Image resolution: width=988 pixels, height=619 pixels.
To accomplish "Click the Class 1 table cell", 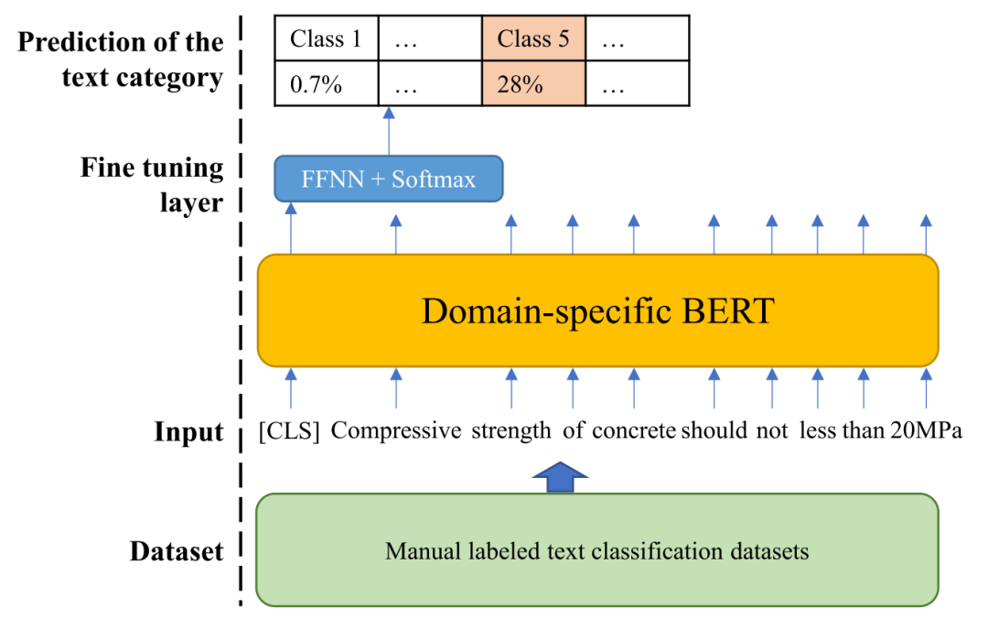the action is (x=327, y=38).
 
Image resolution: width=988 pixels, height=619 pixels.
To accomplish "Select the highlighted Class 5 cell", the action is (x=533, y=38).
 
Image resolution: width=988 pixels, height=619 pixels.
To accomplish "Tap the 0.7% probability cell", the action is (x=327, y=83).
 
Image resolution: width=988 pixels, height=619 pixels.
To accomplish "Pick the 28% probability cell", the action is (x=533, y=83).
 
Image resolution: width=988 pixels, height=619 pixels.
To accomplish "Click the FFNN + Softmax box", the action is (x=389, y=179).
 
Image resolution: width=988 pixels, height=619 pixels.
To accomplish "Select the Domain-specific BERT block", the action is (x=598, y=310).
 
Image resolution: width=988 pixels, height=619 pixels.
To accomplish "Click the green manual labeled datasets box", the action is (x=597, y=550).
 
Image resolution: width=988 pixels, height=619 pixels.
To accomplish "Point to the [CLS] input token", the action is (x=289, y=431).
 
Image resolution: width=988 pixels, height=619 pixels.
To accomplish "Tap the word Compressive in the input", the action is (x=396, y=431).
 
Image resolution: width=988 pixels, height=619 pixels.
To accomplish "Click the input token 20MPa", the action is (x=926, y=431).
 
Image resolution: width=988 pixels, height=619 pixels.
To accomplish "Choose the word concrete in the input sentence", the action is (x=634, y=431).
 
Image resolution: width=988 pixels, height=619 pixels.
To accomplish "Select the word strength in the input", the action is (x=511, y=431).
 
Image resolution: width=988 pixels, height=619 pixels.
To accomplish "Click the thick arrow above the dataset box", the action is (x=560, y=477).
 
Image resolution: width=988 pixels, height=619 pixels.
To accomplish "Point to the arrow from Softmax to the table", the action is (x=389, y=131).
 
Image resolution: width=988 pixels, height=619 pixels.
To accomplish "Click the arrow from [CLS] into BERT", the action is (x=291, y=388).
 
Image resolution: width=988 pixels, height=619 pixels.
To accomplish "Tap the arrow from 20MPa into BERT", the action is (x=926, y=388).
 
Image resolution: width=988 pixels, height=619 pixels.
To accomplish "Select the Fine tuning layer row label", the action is (x=152, y=185).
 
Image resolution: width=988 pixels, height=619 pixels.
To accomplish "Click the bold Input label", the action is (x=189, y=432).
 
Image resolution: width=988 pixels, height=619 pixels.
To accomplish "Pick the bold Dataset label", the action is (x=177, y=551).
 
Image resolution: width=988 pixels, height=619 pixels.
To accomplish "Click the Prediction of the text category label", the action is (x=121, y=60).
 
